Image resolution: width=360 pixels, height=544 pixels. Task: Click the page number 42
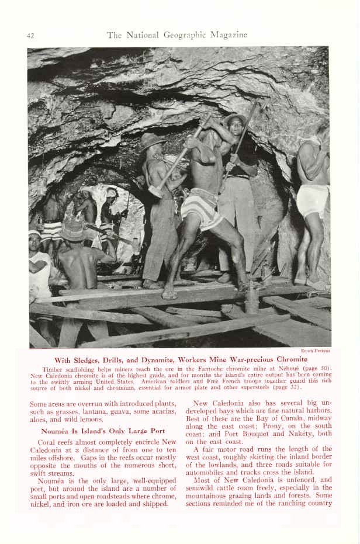[30, 36]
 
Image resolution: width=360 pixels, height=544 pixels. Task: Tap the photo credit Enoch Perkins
[316, 351]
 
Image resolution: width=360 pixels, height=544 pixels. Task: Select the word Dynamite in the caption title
[162, 359]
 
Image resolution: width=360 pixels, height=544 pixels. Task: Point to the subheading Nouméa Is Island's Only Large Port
[95, 431]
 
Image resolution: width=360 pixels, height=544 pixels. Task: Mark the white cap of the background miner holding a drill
[111, 192]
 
